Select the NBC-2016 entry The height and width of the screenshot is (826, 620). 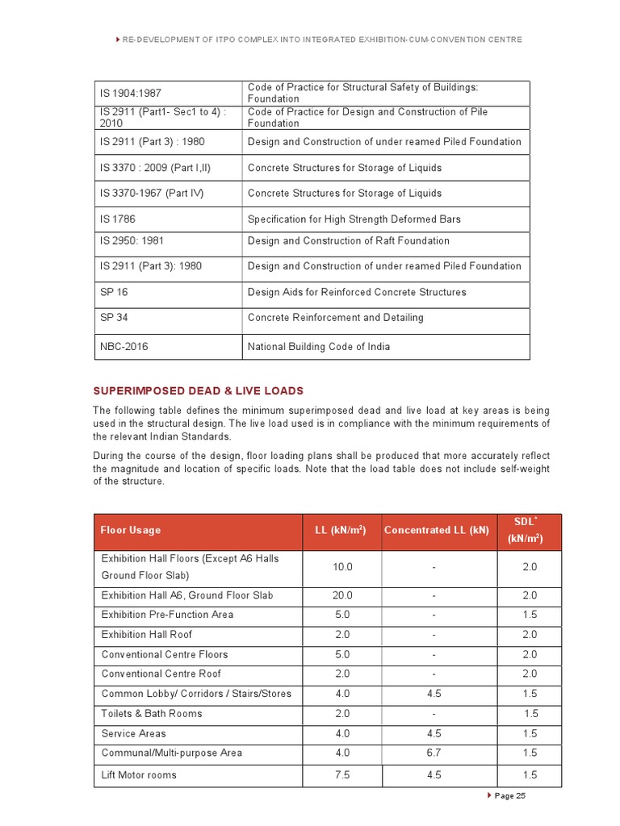124,347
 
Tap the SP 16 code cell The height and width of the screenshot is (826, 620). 114,292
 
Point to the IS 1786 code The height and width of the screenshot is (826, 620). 117,219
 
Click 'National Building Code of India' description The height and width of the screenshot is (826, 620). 318,347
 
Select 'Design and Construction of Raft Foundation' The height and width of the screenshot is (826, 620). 348,241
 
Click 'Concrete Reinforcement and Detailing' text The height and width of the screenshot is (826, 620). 335,318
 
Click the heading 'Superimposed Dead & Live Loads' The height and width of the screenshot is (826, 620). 199,391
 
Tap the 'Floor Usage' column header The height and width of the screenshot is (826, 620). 130,531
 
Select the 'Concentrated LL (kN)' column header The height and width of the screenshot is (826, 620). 436,531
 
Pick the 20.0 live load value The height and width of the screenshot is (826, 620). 342,595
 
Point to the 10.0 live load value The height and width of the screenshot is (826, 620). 342,568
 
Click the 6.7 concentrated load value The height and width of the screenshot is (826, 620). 434,753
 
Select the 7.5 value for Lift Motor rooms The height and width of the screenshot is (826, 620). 342,775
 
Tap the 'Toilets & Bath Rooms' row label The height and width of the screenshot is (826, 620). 152,714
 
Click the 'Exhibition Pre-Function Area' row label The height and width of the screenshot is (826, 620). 167,615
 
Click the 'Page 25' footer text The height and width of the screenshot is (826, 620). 509,796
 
